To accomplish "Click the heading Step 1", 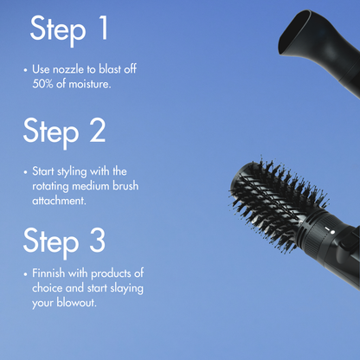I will (69, 29).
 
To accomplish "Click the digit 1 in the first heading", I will (102, 29).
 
